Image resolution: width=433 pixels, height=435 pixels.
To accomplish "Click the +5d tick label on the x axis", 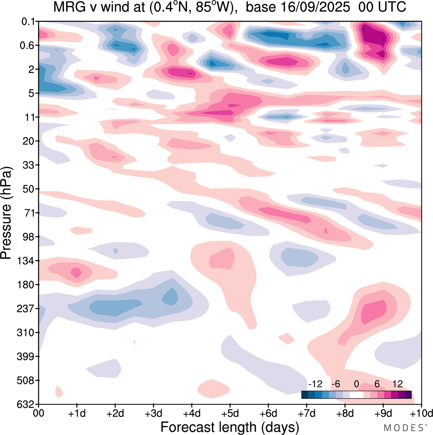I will click(230, 414).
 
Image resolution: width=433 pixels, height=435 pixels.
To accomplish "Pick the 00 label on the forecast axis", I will click(39, 414).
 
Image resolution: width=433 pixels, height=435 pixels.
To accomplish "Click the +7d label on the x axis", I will click(306, 414).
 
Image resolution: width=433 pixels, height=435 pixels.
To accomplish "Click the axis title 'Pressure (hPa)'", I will click(6, 213).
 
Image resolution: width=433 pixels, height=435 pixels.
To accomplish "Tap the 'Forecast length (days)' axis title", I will click(230, 427).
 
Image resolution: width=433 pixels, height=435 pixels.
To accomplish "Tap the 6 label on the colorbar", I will click(377, 384).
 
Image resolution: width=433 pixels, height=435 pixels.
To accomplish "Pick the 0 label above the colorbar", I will click(357, 384).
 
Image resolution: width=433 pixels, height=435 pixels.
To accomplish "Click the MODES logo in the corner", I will click(403, 428).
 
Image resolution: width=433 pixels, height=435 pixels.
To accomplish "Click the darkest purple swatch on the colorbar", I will click(408, 395).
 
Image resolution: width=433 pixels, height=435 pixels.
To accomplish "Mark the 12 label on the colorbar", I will click(397, 384).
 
